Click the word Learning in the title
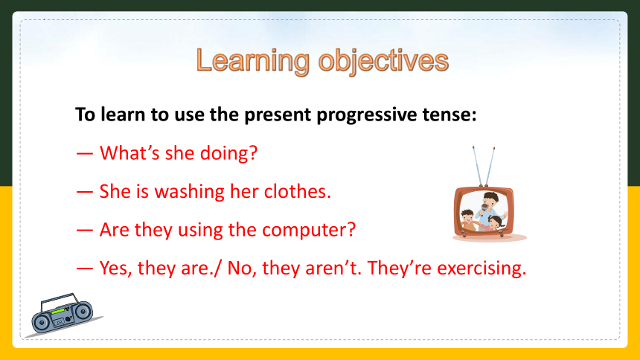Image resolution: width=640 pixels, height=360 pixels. (x=253, y=61)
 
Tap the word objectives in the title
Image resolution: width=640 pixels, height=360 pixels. (x=383, y=61)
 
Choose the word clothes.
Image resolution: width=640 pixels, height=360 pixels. (x=298, y=191)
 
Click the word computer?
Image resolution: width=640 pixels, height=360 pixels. (x=309, y=230)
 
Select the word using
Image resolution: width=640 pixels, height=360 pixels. (x=200, y=231)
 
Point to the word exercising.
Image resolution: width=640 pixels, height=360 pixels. (x=481, y=269)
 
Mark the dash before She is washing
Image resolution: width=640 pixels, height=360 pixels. (x=85, y=192)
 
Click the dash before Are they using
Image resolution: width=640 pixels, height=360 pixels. (x=85, y=231)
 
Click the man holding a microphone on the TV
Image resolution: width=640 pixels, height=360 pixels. (x=489, y=210)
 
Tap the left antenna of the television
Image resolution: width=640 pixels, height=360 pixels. (x=477, y=166)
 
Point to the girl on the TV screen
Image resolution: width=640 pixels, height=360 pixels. (x=495, y=224)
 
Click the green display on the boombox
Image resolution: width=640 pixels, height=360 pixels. (x=58, y=312)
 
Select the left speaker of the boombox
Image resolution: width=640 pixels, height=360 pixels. (x=40, y=323)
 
